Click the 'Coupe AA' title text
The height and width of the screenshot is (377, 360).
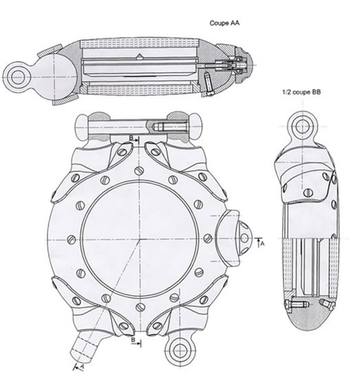[x=223, y=23]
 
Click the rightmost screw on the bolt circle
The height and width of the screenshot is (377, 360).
[x=207, y=239]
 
